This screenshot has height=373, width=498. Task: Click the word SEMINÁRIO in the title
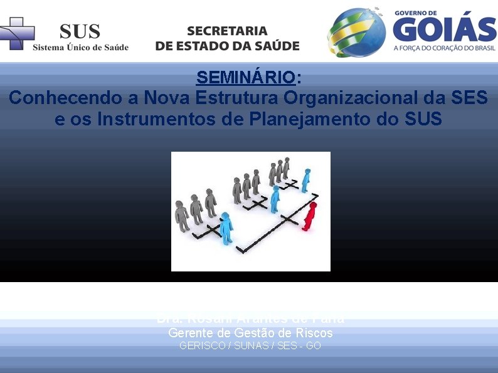(x=245, y=78)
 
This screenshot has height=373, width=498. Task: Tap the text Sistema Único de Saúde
(x=80, y=47)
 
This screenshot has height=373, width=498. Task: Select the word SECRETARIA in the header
(x=227, y=31)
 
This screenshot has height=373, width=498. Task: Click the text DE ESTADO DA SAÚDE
(x=227, y=46)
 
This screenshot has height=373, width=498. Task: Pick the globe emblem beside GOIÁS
(x=356, y=33)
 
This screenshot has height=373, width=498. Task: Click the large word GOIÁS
(x=444, y=29)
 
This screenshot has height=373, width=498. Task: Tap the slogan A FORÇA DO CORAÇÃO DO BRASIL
(x=444, y=48)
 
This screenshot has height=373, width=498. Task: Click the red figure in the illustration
(x=309, y=216)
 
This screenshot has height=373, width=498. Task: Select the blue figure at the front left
(x=226, y=227)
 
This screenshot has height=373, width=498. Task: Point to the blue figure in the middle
(x=275, y=199)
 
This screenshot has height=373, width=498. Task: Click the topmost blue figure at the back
(x=305, y=180)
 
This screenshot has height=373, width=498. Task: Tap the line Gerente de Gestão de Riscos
(x=250, y=334)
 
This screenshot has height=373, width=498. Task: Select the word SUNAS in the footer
(x=250, y=345)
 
